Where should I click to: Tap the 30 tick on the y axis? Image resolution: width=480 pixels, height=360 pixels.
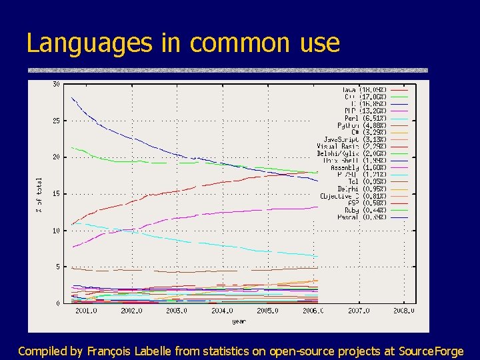[56, 84]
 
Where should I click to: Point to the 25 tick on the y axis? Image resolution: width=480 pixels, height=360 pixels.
[56, 121]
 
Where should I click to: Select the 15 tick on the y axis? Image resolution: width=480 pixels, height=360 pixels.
[56, 194]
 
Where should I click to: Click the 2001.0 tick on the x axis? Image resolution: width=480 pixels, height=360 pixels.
[87, 310]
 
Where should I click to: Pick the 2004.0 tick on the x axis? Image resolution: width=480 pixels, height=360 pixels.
[222, 310]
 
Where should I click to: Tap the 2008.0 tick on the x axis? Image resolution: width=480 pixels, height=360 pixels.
[403, 310]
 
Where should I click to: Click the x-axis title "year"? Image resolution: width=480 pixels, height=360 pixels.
[239, 321]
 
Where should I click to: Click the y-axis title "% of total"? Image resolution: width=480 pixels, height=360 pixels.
[39, 195]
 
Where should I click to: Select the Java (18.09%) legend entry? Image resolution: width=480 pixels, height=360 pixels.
[366, 89]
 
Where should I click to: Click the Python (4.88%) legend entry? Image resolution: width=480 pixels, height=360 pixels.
[363, 125]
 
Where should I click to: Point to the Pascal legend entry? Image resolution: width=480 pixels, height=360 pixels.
[364, 217]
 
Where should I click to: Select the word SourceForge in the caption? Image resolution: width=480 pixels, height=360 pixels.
[431, 351]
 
